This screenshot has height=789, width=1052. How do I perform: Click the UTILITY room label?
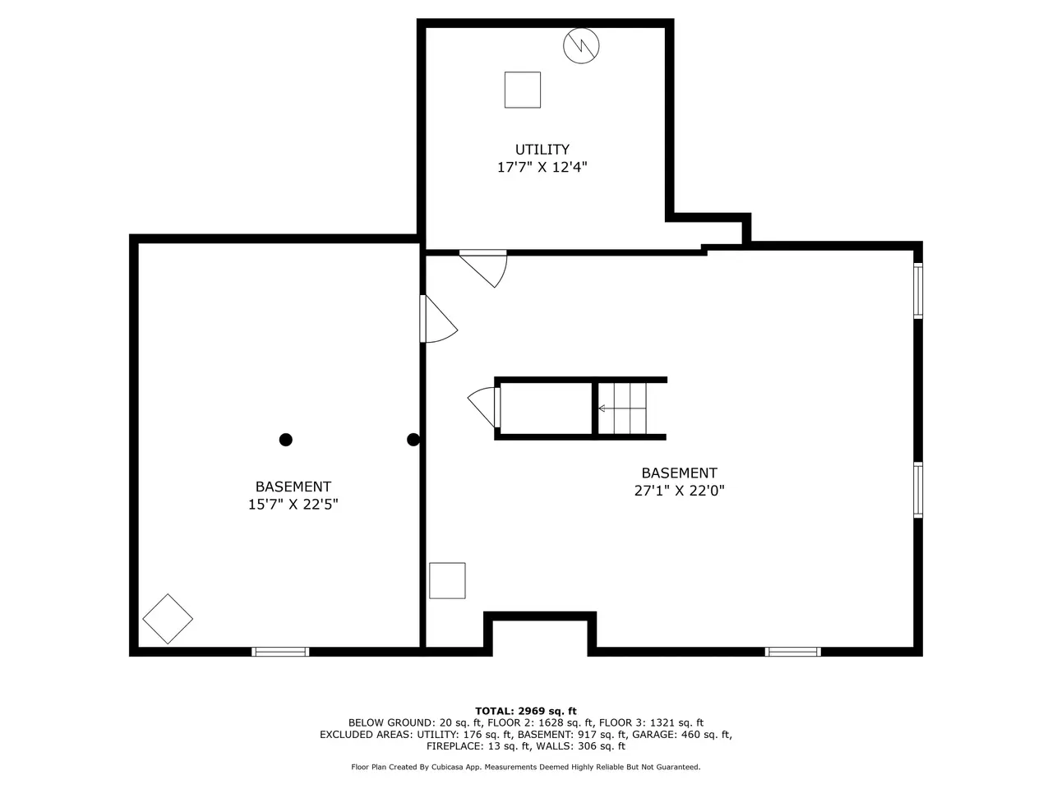542,150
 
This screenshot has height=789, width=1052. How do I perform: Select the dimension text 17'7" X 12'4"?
542,167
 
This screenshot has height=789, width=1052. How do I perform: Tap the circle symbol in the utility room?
581,45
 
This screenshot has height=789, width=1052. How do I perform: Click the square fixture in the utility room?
523,90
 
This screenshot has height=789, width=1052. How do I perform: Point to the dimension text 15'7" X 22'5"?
293,505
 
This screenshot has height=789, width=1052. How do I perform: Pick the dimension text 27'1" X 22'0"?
679,491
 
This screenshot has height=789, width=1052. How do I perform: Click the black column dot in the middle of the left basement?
286,439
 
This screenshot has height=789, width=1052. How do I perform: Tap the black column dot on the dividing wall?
413,439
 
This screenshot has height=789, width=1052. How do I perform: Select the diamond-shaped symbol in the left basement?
168,619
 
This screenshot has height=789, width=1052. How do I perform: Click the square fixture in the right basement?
447,580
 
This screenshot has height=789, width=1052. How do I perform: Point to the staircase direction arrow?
622,408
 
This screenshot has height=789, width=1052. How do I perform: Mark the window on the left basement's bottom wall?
280,652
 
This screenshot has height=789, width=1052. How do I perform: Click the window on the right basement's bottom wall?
793,652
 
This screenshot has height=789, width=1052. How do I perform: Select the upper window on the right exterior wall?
918,291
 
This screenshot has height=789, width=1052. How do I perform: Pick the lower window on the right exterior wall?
918,490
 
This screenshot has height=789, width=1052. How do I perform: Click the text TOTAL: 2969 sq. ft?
526,711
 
